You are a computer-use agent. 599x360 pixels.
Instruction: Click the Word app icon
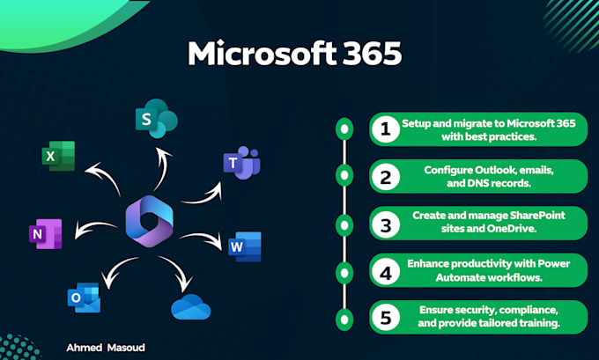click(244, 246)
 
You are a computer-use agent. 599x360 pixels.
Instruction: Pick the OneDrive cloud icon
click(192, 307)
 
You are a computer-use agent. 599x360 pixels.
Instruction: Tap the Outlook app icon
click(83, 298)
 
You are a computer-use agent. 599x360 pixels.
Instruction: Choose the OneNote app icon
click(43, 234)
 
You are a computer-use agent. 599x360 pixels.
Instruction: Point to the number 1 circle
click(385, 130)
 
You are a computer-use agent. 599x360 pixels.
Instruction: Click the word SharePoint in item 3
click(528, 216)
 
